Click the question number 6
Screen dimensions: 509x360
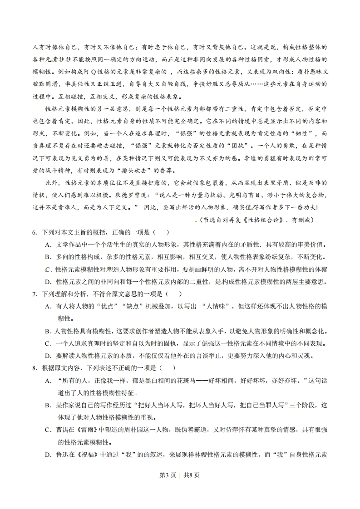coord(34,233)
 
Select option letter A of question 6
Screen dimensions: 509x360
coord(48,245)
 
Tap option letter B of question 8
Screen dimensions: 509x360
coord(48,405)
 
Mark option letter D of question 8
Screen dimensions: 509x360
coord(48,454)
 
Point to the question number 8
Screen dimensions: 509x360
coord(34,368)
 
